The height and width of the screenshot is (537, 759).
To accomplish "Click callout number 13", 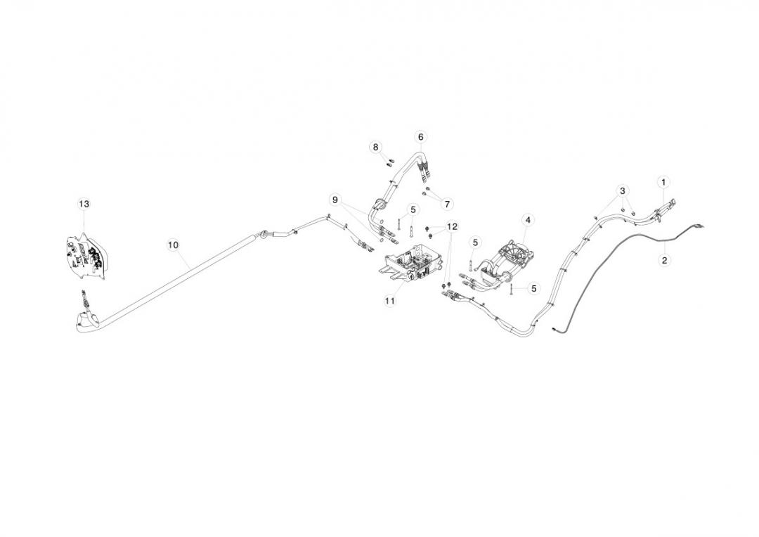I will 84,204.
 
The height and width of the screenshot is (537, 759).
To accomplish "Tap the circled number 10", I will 173,245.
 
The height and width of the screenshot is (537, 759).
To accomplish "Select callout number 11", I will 390,300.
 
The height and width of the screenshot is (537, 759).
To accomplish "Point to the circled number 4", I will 527,219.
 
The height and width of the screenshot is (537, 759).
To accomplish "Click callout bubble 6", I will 420,136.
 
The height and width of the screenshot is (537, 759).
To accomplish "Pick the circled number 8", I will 375,147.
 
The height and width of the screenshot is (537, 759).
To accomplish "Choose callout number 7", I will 448,204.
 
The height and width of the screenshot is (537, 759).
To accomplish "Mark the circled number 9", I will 335,200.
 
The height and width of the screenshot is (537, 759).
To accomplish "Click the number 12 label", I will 451,227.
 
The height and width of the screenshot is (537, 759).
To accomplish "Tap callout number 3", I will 622,190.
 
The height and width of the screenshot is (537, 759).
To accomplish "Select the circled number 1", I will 663,182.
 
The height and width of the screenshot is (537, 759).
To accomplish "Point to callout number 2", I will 664,260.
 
